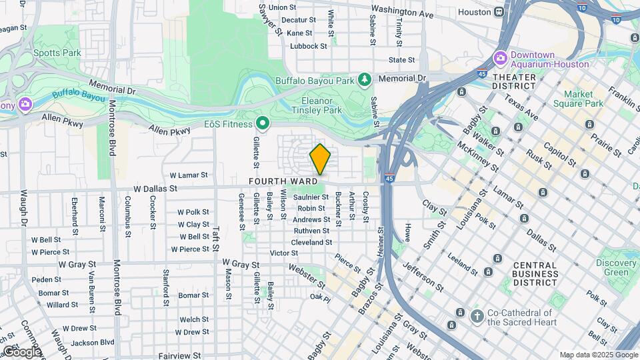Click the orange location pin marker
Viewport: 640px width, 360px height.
coord(320,159)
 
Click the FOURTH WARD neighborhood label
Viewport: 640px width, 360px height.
coord(283,181)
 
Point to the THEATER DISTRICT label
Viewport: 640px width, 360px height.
coord(514,82)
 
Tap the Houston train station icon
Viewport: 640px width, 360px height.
coord(499,13)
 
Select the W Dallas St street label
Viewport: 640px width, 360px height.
coord(155,189)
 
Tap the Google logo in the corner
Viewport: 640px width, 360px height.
coord(21,351)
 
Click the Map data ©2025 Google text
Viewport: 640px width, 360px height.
coord(598,355)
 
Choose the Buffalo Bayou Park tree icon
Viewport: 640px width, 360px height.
coord(364,80)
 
